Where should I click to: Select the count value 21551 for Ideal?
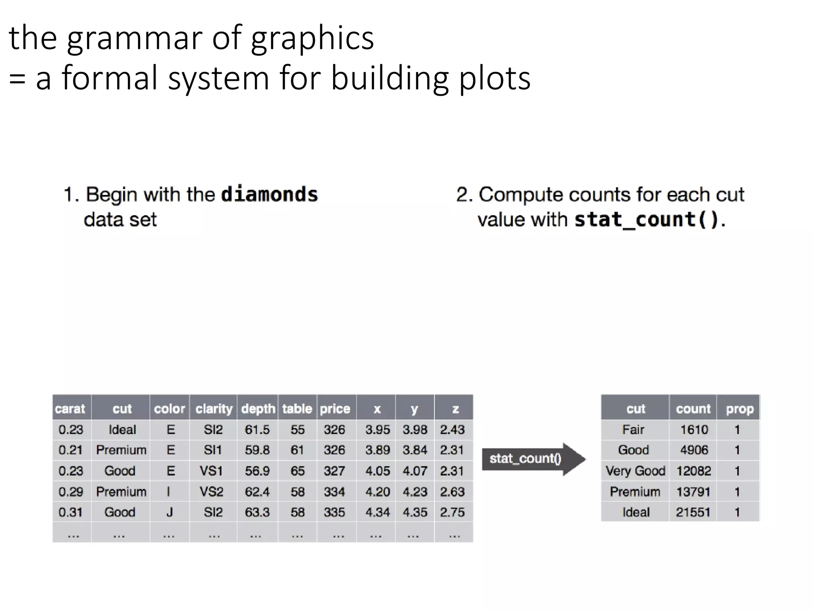(x=693, y=512)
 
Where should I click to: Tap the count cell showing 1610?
(x=694, y=429)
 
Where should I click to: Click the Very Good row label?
(x=635, y=471)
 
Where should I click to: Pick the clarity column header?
(x=214, y=408)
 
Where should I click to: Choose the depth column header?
(x=258, y=408)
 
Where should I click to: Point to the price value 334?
(x=334, y=492)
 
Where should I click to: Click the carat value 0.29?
(x=71, y=492)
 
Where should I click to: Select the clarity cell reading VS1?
(x=211, y=471)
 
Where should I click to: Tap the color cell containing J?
(x=170, y=512)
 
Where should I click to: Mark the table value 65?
(x=297, y=471)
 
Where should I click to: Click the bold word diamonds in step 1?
(x=270, y=195)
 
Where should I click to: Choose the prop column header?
(x=740, y=408)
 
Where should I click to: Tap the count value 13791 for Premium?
(x=693, y=492)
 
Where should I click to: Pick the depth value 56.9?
(x=257, y=471)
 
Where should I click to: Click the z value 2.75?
(x=452, y=512)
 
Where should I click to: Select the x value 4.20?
(x=377, y=492)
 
